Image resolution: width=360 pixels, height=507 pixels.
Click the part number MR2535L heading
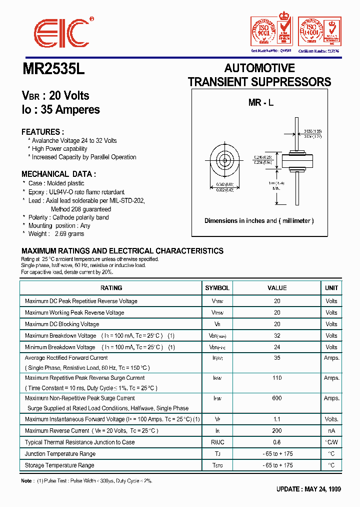[54, 69]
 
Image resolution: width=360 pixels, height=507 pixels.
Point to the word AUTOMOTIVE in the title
[259, 68]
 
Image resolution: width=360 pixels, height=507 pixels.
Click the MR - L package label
[261, 103]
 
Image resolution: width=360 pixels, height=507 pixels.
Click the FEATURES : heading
[42, 132]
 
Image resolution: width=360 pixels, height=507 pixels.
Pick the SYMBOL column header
[217, 288]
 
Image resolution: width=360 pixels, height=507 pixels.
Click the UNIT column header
[331, 288]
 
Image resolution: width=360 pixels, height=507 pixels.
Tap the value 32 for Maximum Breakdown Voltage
[277, 336]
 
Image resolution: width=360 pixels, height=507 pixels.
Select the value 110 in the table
[277, 378]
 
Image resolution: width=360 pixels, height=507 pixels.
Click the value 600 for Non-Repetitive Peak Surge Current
[277, 398]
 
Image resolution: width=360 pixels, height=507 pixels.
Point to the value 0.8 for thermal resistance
[277, 442]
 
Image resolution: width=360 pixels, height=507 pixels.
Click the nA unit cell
[331, 431]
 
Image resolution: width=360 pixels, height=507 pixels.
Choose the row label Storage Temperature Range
[59, 465]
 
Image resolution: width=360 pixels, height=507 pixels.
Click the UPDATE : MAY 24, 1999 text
[308, 489]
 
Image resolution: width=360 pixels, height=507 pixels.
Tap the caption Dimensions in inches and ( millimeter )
[259, 221]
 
